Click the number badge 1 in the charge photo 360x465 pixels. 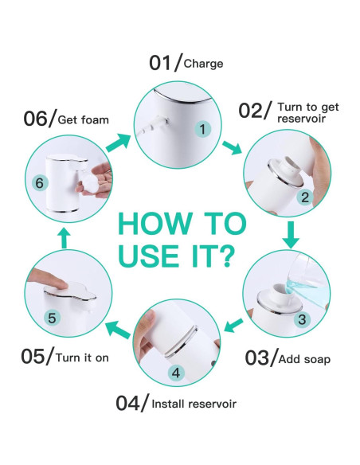(203, 128)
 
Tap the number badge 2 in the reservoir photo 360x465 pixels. (303, 199)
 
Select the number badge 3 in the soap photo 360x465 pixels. (302, 319)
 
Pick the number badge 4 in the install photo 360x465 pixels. (177, 371)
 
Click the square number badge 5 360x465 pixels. (52, 318)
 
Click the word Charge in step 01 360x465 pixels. (203, 64)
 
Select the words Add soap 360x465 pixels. (306, 359)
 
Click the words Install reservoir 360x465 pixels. (194, 404)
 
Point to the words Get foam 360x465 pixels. (84, 120)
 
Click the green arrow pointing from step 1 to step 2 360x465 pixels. (233, 147)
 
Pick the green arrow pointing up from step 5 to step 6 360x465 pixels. (65, 236)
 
